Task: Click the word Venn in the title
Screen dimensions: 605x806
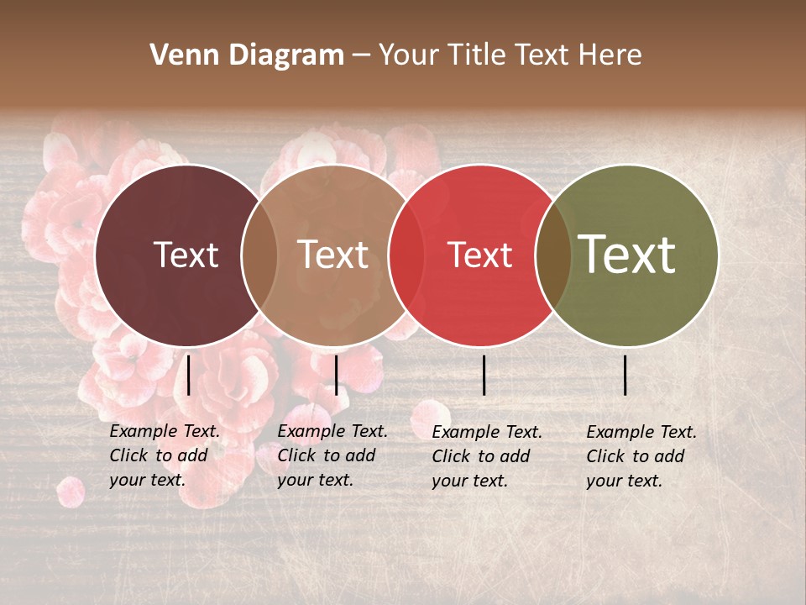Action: [x=180, y=55]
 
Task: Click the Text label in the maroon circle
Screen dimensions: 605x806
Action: [x=186, y=255]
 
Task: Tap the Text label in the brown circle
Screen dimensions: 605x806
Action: [x=333, y=255]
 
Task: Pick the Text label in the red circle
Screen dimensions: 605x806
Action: [x=480, y=255]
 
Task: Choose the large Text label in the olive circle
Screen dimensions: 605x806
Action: [x=627, y=255]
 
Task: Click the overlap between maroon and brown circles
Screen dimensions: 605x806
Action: [x=259, y=255]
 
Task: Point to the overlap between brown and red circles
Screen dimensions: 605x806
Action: [x=406, y=255]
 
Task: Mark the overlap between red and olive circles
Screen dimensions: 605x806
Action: [x=553, y=255]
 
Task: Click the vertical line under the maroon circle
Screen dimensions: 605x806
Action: [x=188, y=375]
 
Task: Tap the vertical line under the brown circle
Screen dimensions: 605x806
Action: [x=336, y=375]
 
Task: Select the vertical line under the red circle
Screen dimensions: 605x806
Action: [x=484, y=375]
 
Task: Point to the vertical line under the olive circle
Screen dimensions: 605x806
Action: [x=625, y=375]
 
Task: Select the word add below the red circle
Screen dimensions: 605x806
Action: [x=516, y=456]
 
